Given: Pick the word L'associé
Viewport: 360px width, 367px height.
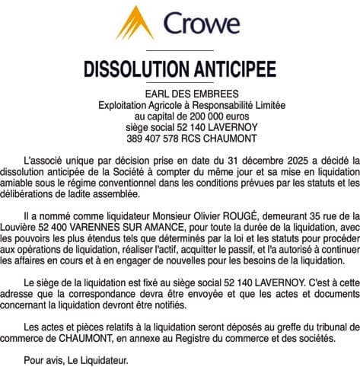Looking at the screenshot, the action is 45,161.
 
